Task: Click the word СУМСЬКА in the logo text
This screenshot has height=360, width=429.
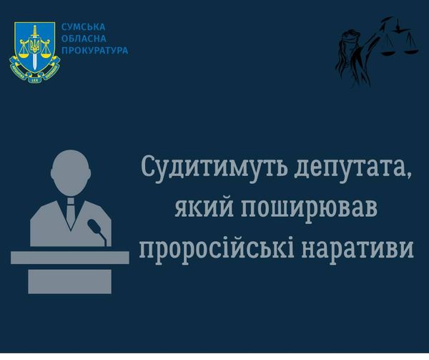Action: click(83, 27)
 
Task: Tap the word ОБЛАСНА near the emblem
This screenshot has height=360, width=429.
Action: click(84, 39)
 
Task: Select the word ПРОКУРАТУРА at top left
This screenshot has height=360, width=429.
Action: click(94, 51)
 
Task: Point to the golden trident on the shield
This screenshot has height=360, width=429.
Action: click(35, 45)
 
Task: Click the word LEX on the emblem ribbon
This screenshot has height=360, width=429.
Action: click(35, 80)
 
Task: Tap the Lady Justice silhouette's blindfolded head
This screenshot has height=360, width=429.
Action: click(347, 39)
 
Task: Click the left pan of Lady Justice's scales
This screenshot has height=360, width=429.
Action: click(388, 52)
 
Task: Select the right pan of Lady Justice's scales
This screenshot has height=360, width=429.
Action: click(411, 51)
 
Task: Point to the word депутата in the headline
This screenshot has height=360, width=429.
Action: click(353, 168)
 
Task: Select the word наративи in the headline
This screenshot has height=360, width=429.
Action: click(357, 248)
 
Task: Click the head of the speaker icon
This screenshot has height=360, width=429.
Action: click(71, 172)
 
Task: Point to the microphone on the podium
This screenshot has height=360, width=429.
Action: click(97, 230)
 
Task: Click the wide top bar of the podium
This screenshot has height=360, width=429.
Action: click(70, 258)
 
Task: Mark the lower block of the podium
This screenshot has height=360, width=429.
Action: click(70, 281)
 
